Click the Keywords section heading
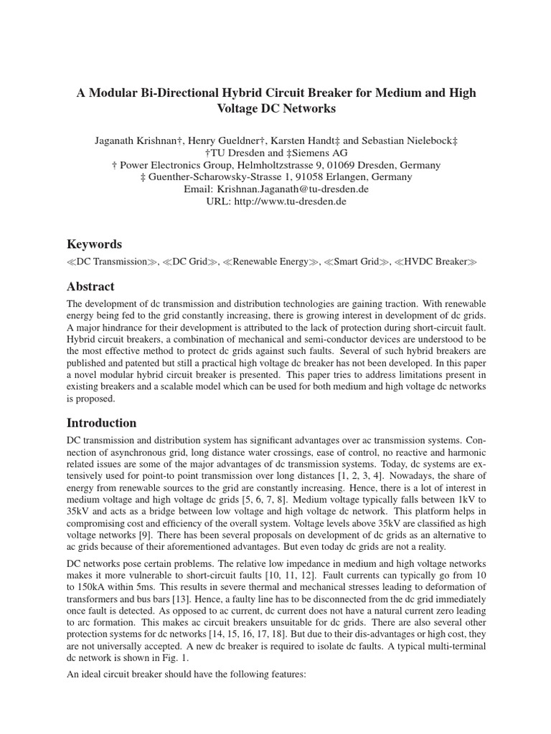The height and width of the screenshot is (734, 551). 94,244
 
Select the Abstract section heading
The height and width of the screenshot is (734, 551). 92,287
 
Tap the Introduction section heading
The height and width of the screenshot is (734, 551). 101,422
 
